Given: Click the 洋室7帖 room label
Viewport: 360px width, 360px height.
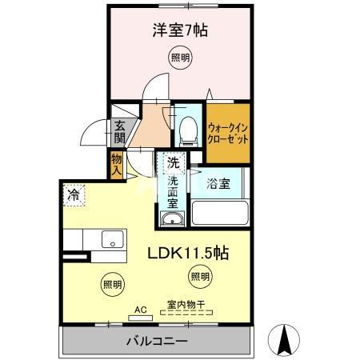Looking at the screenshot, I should point(180,31).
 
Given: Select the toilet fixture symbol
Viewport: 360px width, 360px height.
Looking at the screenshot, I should point(188,128).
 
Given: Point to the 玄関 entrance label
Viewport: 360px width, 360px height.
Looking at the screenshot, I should point(118,131).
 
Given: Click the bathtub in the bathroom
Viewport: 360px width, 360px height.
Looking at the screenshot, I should point(221,214).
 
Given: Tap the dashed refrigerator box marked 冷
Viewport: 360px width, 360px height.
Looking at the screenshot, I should point(74,194).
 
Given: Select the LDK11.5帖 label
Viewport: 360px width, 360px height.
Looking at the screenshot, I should point(188,253).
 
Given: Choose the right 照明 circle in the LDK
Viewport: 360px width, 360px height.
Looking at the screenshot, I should point(200,277).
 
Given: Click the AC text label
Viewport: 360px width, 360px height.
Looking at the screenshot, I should point(140,306).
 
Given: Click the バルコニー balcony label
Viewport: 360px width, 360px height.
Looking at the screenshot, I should point(156,342).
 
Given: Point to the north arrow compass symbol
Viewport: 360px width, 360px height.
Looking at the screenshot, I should point(283,340).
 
